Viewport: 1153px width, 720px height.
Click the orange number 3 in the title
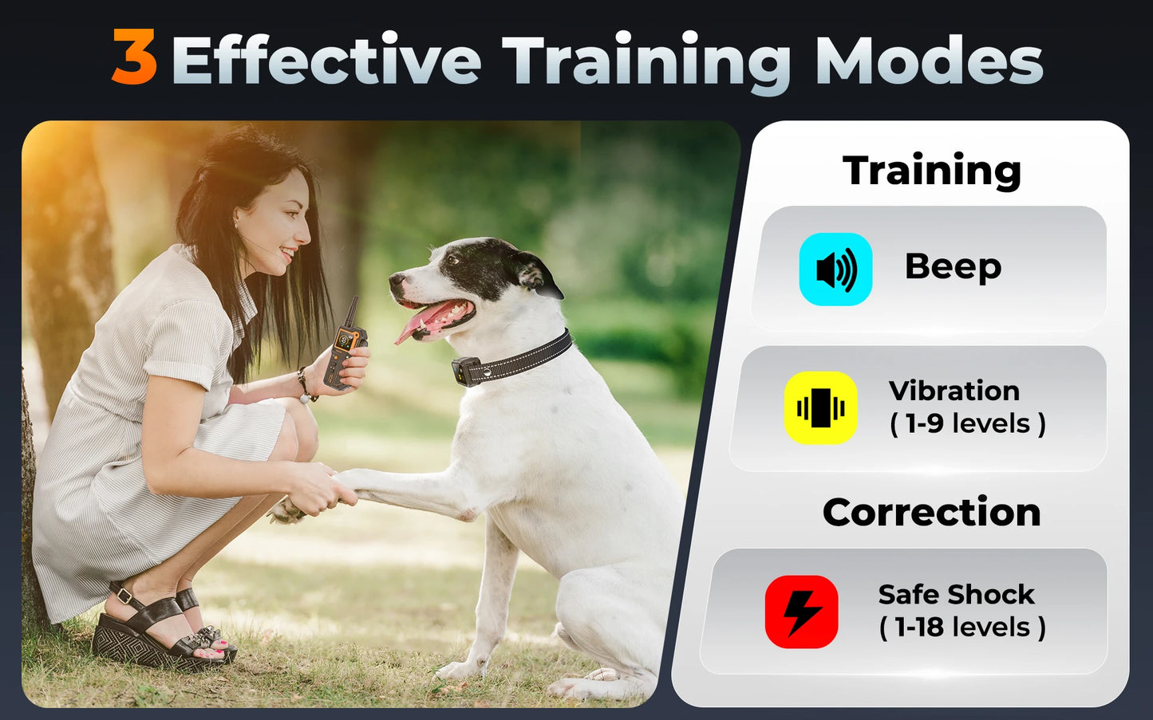[134, 57]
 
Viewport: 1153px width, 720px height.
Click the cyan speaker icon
[835, 270]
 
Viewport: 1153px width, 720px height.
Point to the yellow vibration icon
[820, 408]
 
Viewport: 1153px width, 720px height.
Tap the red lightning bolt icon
[801, 612]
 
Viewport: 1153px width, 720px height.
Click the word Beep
[953, 267]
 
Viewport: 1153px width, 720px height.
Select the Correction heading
[931, 513]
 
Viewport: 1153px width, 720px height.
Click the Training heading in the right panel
[931, 171]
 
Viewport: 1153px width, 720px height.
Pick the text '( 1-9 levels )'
[967, 424]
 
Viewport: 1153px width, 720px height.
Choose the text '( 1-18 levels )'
[962, 628]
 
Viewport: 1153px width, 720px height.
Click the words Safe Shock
[956, 595]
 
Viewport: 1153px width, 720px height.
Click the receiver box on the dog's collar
[466, 371]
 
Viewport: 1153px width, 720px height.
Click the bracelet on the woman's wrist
[304, 385]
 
